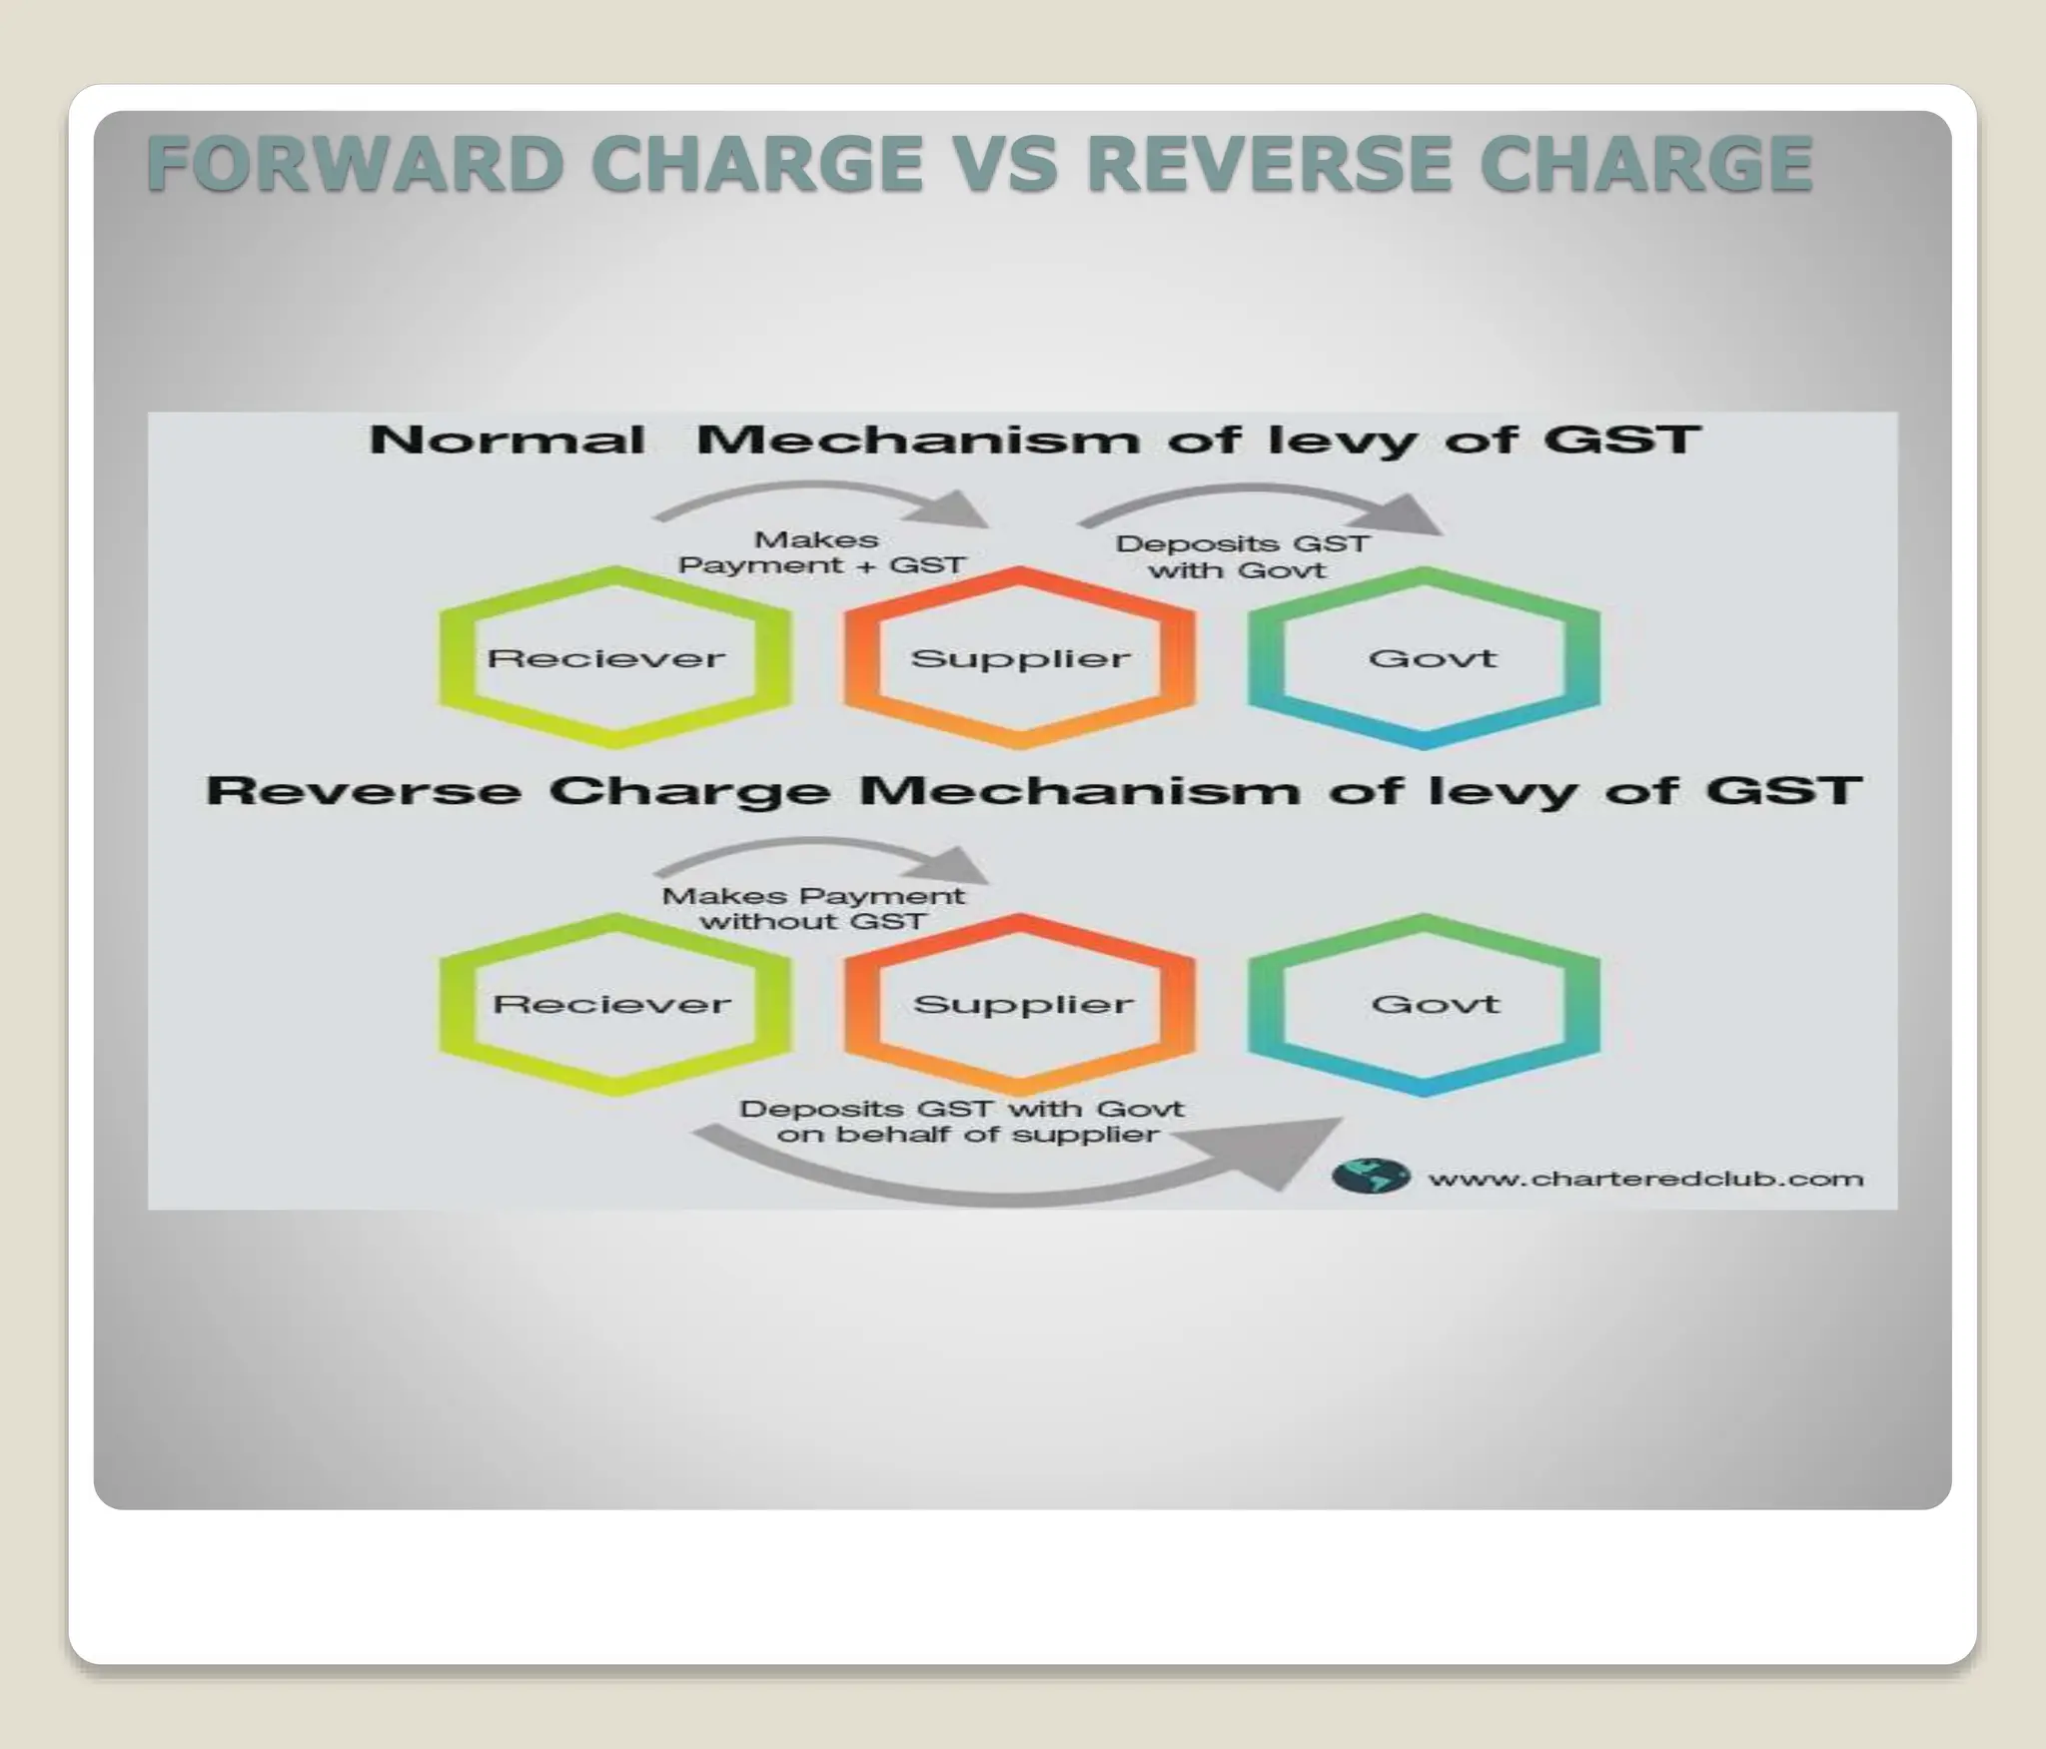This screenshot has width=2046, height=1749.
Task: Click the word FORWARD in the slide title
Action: pyautogui.click(x=356, y=165)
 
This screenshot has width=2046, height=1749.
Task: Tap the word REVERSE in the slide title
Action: pyautogui.click(x=1269, y=165)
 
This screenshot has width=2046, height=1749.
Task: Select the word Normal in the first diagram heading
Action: pyautogui.click(x=507, y=440)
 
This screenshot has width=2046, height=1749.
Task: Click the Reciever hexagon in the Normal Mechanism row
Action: pyautogui.click(x=614, y=657)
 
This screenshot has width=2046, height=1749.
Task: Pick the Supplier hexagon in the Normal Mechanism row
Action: pyautogui.click(x=1020, y=657)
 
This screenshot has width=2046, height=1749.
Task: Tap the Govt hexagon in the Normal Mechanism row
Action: pyautogui.click(x=1425, y=657)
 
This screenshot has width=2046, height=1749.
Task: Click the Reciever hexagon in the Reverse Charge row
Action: pyautogui.click(x=614, y=1004)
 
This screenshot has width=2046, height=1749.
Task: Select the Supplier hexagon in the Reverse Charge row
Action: pyautogui.click(x=1020, y=1004)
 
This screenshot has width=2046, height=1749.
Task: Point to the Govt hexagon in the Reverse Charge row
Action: pyautogui.click(x=1425, y=1004)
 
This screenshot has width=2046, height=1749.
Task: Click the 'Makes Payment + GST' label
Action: pyautogui.click(x=820, y=552)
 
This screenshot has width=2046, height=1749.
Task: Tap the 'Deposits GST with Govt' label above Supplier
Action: pyautogui.click(x=1241, y=556)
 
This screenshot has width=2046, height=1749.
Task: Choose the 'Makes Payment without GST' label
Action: pyautogui.click(x=813, y=908)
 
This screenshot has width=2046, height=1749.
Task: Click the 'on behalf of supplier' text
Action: pyautogui.click(x=967, y=1135)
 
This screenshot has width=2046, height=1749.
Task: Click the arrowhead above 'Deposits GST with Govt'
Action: pyautogui.click(x=1409, y=514)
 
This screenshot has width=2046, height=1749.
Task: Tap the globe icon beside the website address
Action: pyautogui.click(x=1371, y=1176)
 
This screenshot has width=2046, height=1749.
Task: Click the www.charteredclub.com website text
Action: pyautogui.click(x=1645, y=1180)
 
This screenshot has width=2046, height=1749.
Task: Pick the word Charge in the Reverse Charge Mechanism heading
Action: pyautogui.click(x=689, y=792)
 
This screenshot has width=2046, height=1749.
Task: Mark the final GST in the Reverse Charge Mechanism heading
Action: pyautogui.click(x=1783, y=790)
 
